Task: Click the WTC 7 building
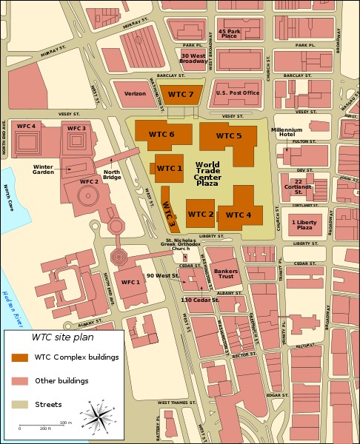[x=180, y=95]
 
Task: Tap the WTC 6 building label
[x=161, y=134]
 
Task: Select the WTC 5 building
[x=229, y=136]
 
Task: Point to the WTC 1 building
[x=170, y=169]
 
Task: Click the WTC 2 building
[x=201, y=214]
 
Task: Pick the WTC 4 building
[x=239, y=215]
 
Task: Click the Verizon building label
[x=135, y=94]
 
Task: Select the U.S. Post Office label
[x=237, y=93]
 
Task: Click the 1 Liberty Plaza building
[x=305, y=223]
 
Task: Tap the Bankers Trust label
[x=226, y=274]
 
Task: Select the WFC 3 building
[x=77, y=138]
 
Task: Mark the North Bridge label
[x=112, y=175]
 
